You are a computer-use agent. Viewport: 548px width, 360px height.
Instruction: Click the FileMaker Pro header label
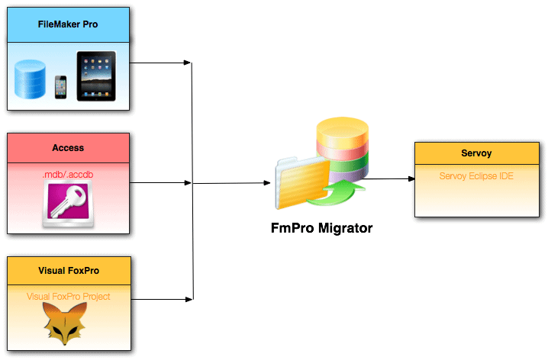(68, 24)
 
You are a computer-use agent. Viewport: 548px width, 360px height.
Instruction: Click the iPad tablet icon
(96, 76)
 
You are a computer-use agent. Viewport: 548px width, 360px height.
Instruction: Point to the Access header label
(68, 147)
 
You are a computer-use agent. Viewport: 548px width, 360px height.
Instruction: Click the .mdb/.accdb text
(68, 175)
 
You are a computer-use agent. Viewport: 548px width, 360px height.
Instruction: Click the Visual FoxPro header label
(68, 271)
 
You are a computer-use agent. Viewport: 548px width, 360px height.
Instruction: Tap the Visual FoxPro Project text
(68, 297)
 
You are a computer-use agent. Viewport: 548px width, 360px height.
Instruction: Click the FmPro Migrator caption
(321, 228)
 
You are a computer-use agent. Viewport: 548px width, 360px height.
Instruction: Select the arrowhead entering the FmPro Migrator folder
(268, 183)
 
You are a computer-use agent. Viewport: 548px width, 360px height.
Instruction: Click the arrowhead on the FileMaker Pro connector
(187, 62)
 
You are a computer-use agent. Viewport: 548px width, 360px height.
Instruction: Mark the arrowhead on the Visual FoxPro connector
(187, 299)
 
